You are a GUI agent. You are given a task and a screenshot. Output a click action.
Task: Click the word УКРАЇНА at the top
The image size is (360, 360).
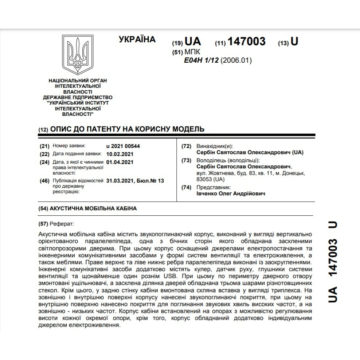point(137,40)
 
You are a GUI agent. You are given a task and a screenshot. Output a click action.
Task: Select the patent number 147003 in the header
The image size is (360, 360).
point(246,42)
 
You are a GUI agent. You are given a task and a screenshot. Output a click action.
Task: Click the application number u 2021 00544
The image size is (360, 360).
point(123,146)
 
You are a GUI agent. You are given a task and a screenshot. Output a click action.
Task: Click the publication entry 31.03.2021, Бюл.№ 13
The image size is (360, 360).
point(135,180)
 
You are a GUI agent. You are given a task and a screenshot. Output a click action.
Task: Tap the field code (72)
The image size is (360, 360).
point(186,146)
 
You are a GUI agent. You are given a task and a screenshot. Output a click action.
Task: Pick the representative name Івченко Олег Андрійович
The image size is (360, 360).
point(231,193)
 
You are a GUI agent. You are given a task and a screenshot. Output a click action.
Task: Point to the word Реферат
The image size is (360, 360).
point(62,223)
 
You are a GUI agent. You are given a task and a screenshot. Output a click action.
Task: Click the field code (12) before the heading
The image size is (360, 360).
point(43,130)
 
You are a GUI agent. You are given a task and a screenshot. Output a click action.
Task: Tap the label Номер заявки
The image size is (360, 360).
point(69,146)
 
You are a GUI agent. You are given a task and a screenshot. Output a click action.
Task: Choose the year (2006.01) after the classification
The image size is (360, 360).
point(236,60)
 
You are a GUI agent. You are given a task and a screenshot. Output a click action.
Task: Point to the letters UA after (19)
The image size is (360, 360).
point(193,42)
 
